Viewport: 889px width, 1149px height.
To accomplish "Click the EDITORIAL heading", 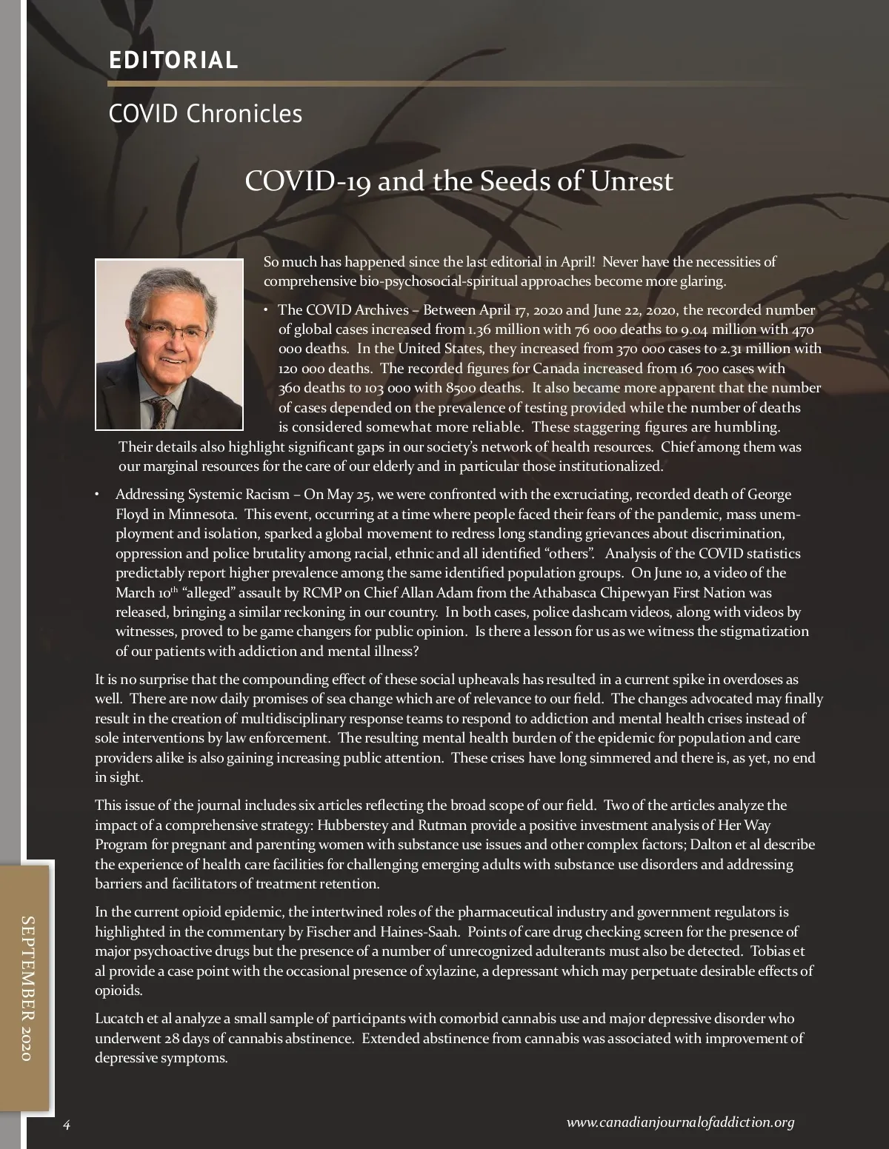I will click(x=173, y=60).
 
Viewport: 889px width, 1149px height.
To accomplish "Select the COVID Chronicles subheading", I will click(x=205, y=114).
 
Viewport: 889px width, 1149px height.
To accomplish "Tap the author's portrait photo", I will click(x=170, y=344).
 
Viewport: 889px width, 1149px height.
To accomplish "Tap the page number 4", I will click(x=66, y=1125).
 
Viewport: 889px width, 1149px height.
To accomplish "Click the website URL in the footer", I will click(x=680, y=1122).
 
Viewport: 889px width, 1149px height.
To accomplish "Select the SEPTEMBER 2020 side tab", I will click(x=27, y=988).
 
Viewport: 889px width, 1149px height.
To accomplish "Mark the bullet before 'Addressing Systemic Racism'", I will click(x=97, y=494).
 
